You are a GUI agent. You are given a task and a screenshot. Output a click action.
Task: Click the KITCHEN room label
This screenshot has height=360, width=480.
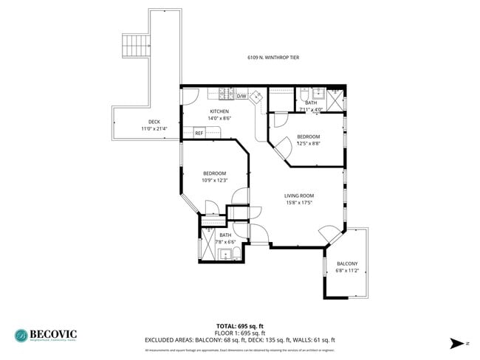pyautogui.click(x=219, y=111)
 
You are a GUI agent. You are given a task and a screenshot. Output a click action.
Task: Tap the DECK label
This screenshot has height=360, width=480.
pyautogui.click(x=154, y=122)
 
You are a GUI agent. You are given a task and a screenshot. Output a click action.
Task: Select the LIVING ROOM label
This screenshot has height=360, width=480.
pyautogui.click(x=299, y=195)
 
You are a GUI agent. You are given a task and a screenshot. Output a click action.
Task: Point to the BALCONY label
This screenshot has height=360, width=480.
pyautogui.click(x=347, y=263)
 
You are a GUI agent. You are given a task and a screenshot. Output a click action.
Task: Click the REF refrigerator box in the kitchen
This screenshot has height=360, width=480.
pyautogui.click(x=199, y=133)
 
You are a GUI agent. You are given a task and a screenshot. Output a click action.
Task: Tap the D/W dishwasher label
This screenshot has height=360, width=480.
pyautogui.click(x=241, y=96)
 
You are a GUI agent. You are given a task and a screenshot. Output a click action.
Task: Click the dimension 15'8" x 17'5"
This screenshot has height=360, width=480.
pyautogui.click(x=299, y=203)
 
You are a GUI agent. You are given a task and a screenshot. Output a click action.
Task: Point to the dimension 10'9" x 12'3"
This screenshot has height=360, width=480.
pyautogui.click(x=214, y=180)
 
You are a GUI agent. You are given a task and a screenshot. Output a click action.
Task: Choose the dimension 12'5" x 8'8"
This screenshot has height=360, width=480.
pyautogui.click(x=309, y=144)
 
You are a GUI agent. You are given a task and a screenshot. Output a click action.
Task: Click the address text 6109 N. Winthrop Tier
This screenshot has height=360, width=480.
pyautogui.click(x=273, y=57)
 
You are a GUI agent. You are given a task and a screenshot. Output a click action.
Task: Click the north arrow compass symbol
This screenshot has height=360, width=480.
pyautogui.click(x=459, y=343)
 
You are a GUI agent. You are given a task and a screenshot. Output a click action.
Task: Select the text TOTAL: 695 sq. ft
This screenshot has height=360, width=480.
pyautogui.click(x=239, y=325)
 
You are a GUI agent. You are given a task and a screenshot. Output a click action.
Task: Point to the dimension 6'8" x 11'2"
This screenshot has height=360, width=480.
pyautogui.click(x=347, y=271)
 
